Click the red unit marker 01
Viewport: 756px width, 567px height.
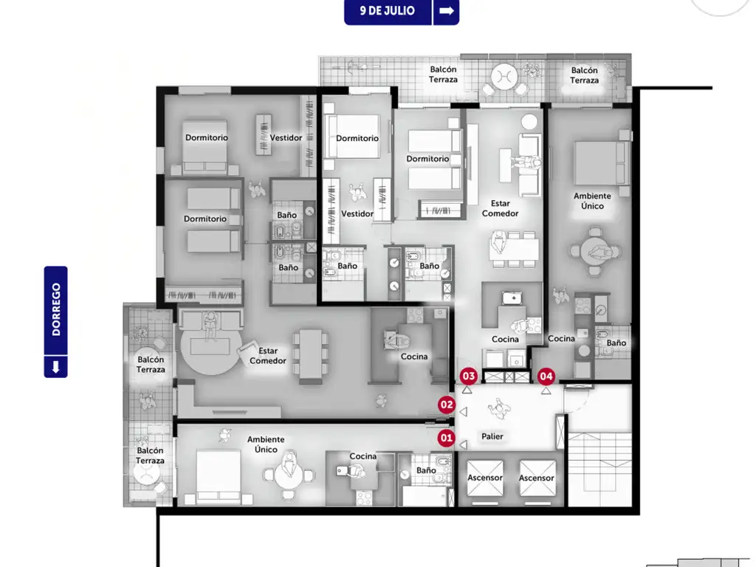tap(446, 439)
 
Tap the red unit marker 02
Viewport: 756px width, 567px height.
tap(447, 405)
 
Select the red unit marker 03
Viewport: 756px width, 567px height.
tap(469, 376)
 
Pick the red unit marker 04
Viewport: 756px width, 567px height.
tap(546, 376)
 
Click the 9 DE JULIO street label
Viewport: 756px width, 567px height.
tap(387, 10)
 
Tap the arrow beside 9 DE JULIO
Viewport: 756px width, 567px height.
tap(447, 10)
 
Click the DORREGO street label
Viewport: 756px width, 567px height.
tap(56, 309)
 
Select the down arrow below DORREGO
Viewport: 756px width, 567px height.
tap(56, 367)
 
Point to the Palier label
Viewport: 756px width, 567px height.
tap(492, 436)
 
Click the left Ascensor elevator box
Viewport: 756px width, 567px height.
tap(485, 478)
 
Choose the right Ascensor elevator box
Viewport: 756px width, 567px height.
tap(537, 478)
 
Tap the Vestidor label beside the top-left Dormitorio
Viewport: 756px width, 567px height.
tap(286, 138)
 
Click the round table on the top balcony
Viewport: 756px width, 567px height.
tap(504, 77)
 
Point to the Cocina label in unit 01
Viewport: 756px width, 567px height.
tap(363, 456)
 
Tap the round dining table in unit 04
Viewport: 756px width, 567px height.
tap(595, 251)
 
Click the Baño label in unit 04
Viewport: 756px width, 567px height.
tap(616, 343)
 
